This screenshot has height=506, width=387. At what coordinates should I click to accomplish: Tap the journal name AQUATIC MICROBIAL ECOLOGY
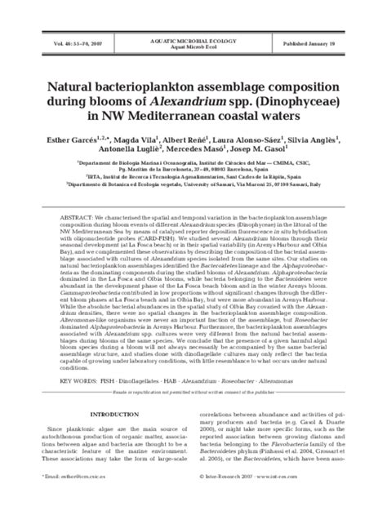(x=193, y=39)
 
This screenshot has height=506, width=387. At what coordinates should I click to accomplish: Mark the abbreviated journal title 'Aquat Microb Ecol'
(x=193, y=47)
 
